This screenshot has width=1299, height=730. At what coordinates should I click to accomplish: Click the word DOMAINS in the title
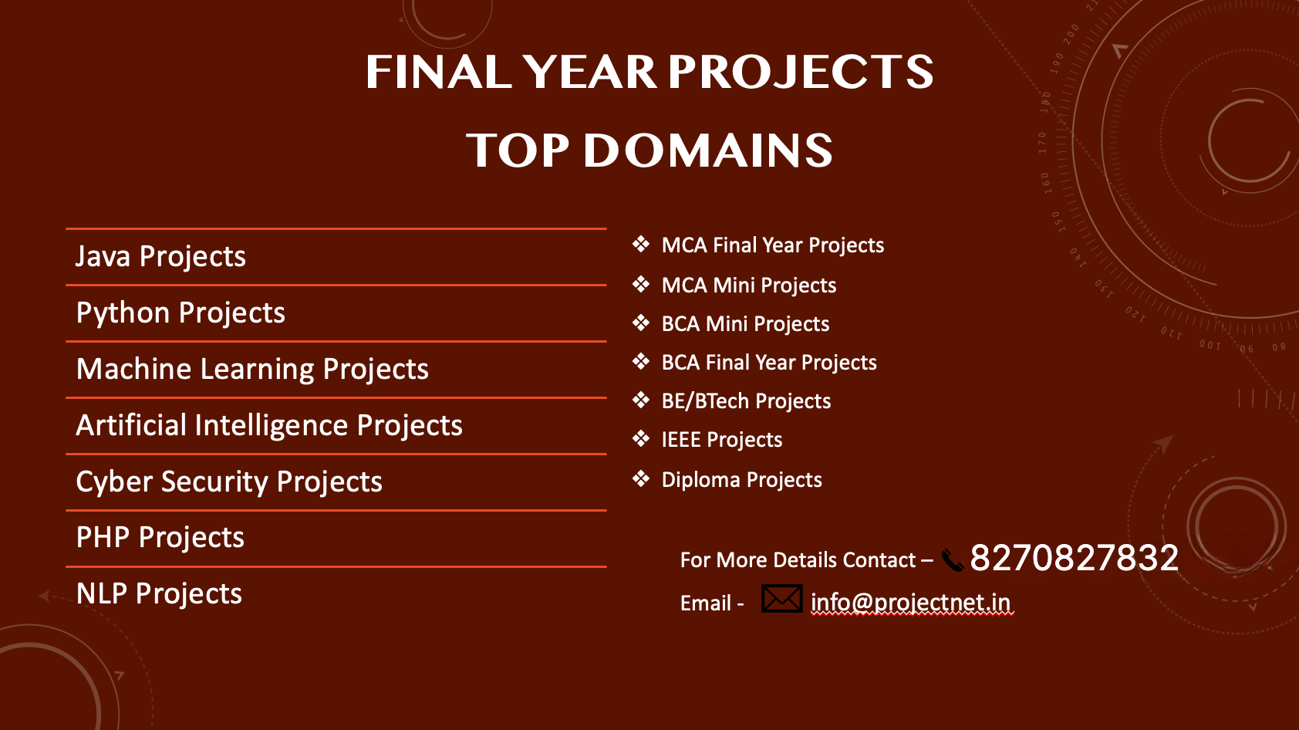coord(708,150)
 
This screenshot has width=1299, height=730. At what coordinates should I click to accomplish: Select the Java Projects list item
coord(160,256)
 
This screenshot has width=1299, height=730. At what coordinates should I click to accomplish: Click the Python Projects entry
coord(181,313)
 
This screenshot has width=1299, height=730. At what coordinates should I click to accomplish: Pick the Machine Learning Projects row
coord(252,369)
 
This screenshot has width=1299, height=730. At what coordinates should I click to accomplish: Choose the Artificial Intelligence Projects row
coord(269,425)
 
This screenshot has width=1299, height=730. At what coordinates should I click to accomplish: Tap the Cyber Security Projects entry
coord(229,482)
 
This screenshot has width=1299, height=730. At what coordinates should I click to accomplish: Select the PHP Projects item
coord(160,537)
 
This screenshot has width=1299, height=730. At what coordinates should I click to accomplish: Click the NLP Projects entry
coord(159,593)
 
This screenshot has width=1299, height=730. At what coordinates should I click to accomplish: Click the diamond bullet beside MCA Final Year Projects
coord(641,245)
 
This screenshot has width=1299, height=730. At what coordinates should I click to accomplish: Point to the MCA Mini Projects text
coord(749,286)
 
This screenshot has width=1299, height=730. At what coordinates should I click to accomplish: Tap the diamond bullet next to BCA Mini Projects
coord(641,323)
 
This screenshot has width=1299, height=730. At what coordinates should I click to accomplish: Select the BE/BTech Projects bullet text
coord(747,401)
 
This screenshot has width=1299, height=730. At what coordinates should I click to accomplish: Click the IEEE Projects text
coord(722,440)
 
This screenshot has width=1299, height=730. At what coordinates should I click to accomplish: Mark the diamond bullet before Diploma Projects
coord(641,478)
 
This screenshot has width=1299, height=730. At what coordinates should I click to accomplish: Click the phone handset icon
coord(952,560)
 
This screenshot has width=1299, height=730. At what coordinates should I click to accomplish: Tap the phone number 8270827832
coord(1074,558)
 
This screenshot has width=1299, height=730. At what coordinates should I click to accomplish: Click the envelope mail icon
coord(781,599)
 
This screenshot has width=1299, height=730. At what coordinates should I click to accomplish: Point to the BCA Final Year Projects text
coord(769,363)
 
